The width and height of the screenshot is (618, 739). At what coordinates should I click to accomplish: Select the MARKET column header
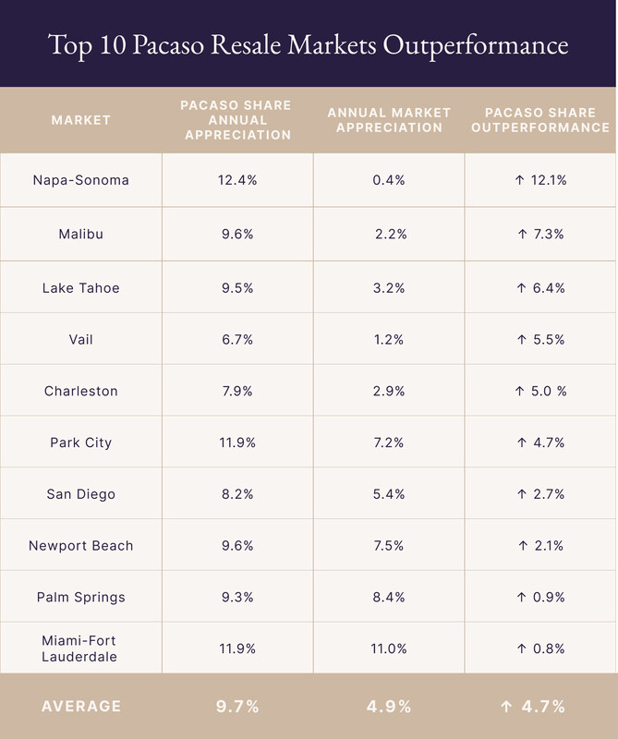pyautogui.click(x=81, y=120)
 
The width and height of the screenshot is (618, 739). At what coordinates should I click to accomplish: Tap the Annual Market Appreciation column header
pyautogui.click(x=389, y=120)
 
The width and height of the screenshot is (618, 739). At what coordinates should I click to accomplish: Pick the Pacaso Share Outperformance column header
pyautogui.click(x=540, y=120)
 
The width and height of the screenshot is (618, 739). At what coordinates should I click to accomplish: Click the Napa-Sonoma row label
pyautogui.click(x=81, y=180)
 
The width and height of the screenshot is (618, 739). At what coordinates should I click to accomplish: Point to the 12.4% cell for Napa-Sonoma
pyautogui.click(x=237, y=180)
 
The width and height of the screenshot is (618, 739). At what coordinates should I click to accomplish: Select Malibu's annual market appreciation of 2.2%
pyautogui.click(x=391, y=235)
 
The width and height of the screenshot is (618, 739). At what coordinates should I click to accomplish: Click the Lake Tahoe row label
pyautogui.click(x=81, y=287)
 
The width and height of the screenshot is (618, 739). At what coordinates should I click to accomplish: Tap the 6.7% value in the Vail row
pyautogui.click(x=237, y=339)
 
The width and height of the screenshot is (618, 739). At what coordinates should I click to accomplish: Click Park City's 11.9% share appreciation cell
pyautogui.click(x=237, y=442)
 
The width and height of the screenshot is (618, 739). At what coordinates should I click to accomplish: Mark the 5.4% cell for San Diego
pyautogui.click(x=389, y=494)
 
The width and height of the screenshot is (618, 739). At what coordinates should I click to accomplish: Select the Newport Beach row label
pyautogui.click(x=81, y=546)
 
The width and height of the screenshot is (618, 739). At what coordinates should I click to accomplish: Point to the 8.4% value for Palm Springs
pyautogui.click(x=389, y=598)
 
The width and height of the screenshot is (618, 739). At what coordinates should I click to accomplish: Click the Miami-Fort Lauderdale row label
pyautogui.click(x=81, y=648)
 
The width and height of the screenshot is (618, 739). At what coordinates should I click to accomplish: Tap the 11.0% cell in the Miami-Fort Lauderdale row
pyautogui.click(x=389, y=648)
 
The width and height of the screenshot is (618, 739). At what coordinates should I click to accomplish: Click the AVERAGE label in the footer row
pyautogui.click(x=81, y=707)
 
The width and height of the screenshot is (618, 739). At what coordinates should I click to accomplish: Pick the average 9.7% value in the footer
pyautogui.click(x=237, y=707)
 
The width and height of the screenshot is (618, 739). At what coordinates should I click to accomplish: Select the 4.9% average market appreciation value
pyautogui.click(x=389, y=707)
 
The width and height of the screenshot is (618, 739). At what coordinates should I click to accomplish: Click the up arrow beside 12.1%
pyautogui.click(x=519, y=180)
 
